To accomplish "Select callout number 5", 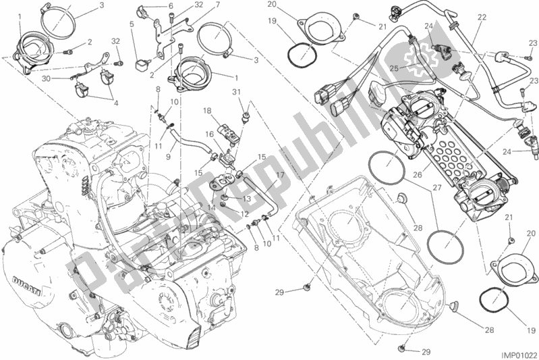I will pos(132,24).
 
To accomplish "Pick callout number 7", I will pos(198,5).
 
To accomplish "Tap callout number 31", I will pos(236,92).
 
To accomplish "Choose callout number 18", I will pos(207,109).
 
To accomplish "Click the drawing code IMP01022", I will pos(516,352).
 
